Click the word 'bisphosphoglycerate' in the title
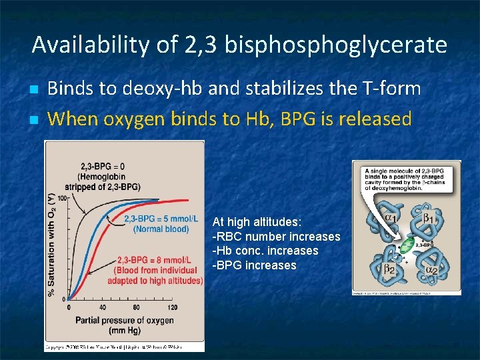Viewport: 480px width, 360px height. (x=336, y=45)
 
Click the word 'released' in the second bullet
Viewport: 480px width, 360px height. (x=375, y=119)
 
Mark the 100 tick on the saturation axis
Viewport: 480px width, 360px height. (x=62, y=198)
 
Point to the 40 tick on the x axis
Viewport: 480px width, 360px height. (x=103, y=307)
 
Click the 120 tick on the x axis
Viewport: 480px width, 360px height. (x=172, y=307)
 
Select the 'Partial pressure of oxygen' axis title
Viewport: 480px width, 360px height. (x=125, y=320)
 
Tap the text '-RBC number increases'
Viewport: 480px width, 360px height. (x=276, y=237)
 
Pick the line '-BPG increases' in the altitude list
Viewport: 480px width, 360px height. (x=254, y=265)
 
